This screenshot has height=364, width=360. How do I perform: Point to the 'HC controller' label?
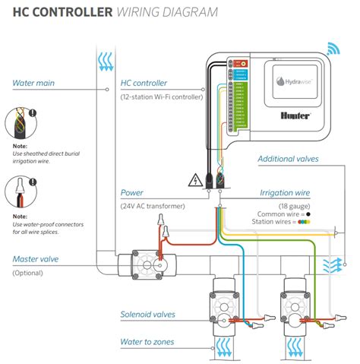[x=144, y=84]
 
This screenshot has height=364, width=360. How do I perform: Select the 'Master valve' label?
[x=35, y=259]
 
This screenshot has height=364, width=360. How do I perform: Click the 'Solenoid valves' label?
[x=148, y=314]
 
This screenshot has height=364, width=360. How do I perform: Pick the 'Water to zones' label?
[x=147, y=342]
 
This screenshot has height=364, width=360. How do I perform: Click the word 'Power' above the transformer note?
[x=133, y=194]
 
